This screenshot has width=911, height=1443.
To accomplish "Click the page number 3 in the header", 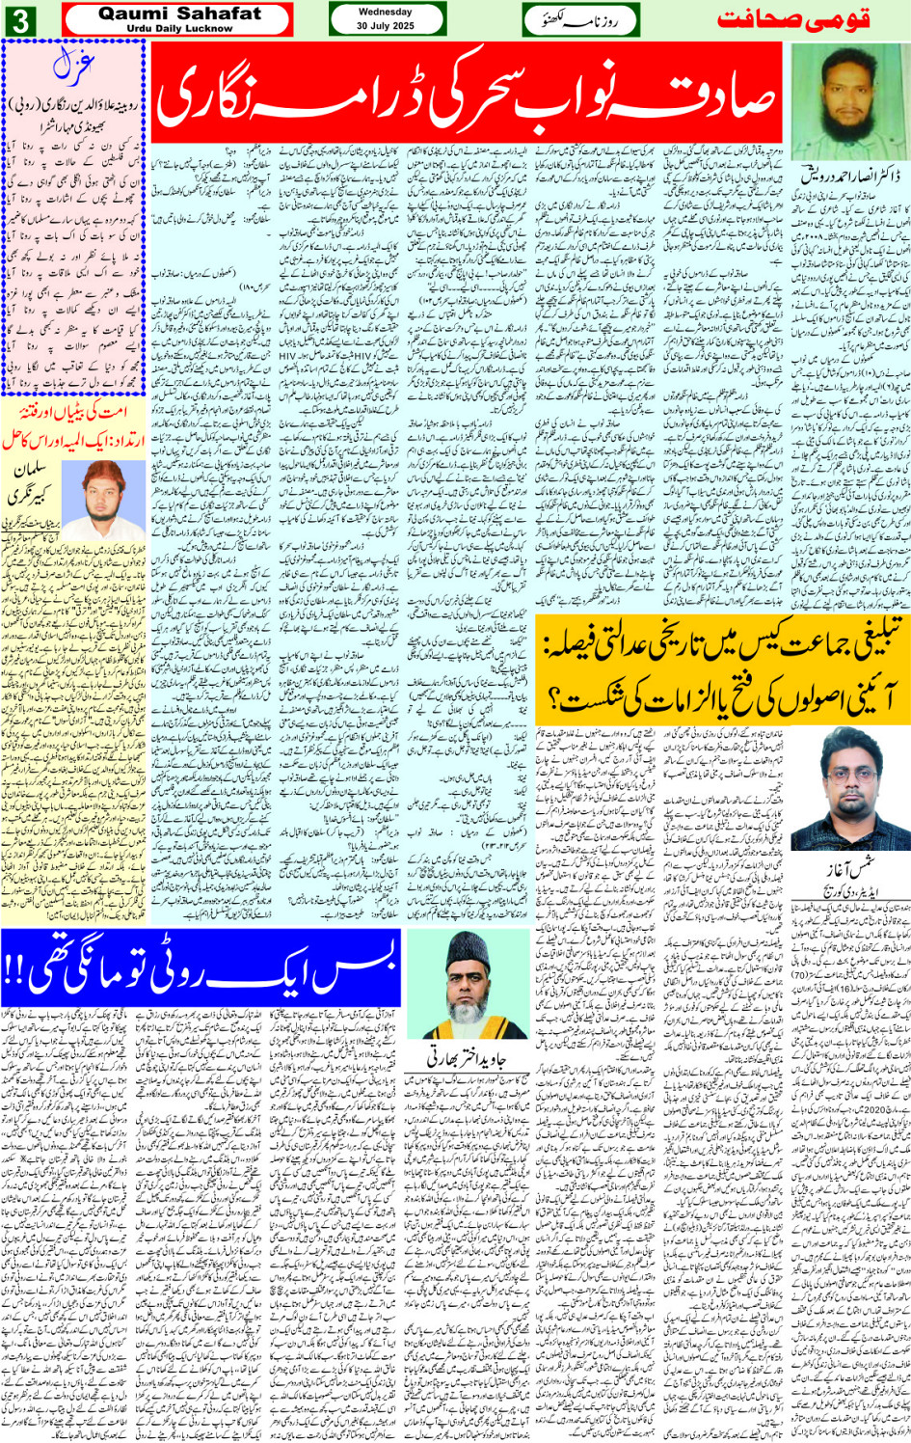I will click(20, 20).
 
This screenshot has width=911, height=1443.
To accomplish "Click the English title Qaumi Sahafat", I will click(179, 14).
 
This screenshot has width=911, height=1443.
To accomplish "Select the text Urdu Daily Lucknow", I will click(179, 29).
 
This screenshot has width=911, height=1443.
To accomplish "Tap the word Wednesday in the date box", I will click(386, 13).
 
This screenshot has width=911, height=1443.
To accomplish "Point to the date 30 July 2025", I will click(386, 26).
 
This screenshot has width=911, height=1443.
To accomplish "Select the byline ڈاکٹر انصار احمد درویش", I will click(845, 176).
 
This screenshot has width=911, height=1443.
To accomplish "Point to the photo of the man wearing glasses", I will click(850, 785).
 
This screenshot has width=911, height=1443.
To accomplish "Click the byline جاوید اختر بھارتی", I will click(468, 1058).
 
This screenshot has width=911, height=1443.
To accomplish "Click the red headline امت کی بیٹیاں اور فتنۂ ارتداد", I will click(72, 425).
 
